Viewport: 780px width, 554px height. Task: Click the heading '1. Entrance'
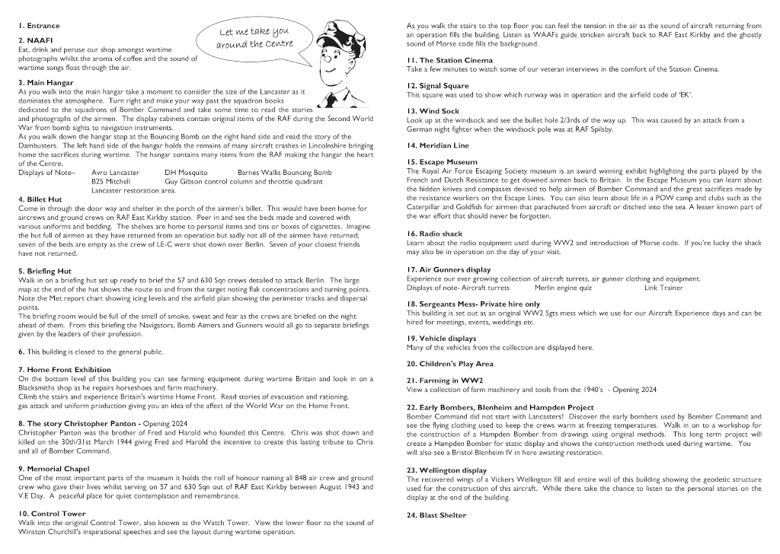pyautogui.click(x=39, y=26)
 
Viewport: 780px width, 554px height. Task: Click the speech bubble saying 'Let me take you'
pyautogui.click(x=253, y=37)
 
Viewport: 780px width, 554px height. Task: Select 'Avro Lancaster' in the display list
pyautogui.click(x=115, y=173)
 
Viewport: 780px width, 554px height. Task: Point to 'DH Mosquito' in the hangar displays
pyautogui.click(x=186, y=173)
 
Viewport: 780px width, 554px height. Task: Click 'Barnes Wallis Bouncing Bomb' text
pyautogui.click(x=284, y=173)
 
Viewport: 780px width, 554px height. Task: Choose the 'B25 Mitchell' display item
pyautogui.click(x=112, y=182)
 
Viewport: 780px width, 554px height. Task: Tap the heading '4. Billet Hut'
pyautogui.click(x=40, y=199)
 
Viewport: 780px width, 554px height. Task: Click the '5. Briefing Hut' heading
pyautogui.click(x=44, y=270)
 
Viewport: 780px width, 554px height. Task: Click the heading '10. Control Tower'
pyautogui.click(x=52, y=514)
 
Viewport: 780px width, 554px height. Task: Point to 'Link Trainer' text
pyautogui.click(x=663, y=288)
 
